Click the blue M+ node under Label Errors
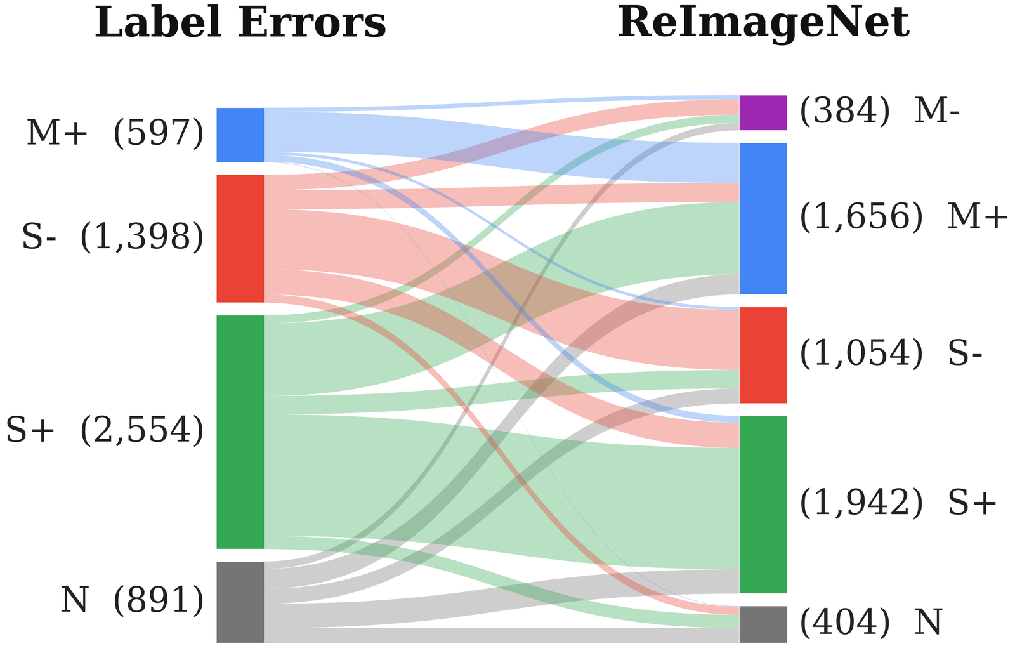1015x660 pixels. tap(240, 135)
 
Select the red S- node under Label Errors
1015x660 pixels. tap(240, 239)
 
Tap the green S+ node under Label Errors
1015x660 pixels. tap(240, 432)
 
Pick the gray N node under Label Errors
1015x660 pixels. tap(240, 602)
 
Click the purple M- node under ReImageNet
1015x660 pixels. tap(763, 113)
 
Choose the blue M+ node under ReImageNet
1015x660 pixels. tap(763, 218)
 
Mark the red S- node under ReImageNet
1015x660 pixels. tap(763, 355)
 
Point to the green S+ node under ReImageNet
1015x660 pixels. tap(763, 505)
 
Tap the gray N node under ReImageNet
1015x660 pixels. tap(763, 624)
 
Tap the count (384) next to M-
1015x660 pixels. tap(845, 112)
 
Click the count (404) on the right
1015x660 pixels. tap(845, 623)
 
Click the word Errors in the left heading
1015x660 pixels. tap(311, 23)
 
